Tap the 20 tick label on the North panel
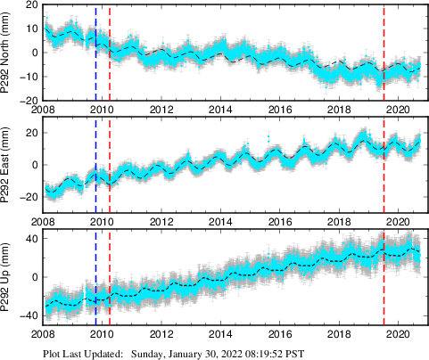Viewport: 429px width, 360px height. [x=29, y=5]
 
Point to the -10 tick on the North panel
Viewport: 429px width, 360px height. [x=27, y=77]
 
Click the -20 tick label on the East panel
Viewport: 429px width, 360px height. [x=27, y=196]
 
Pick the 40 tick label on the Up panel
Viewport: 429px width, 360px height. [x=29, y=239]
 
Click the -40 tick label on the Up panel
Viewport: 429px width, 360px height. [x=27, y=316]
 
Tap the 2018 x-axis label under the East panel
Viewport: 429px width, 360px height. [x=340, y=222]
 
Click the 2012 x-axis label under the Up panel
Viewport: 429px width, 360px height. [x=161, y=335]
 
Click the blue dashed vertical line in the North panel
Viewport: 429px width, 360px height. [x=95, y=53]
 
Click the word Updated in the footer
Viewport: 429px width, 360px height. [x=103, y=353]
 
